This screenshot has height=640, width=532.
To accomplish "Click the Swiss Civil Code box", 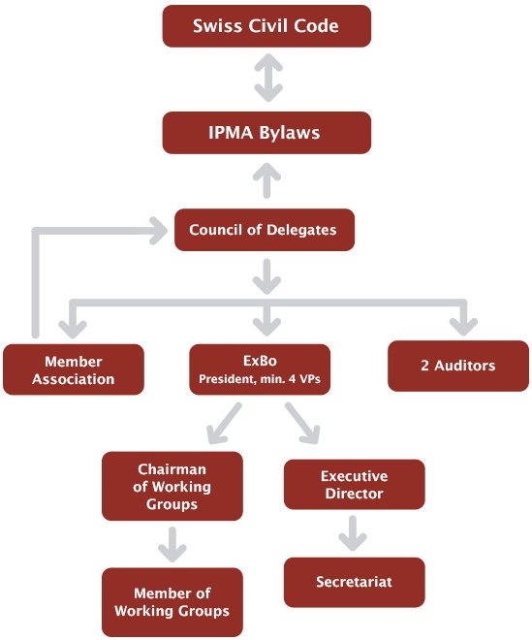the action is tap(266, 26).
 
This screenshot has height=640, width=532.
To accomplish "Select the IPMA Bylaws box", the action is tap(266, 133).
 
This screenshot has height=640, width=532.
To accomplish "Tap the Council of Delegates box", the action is tap(265, 230).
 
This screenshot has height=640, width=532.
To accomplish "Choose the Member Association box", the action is tap(74, 369).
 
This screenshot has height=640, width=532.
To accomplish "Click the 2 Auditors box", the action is tap(458, 366).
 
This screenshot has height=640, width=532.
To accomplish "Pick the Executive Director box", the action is tap(354, 484).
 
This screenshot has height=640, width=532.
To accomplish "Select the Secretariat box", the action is tap(354, 582).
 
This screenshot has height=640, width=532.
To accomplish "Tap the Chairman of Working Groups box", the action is tap(172, 486).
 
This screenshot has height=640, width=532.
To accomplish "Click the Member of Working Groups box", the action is tap(172, 602).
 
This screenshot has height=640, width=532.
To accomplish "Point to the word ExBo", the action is tap(260, 361).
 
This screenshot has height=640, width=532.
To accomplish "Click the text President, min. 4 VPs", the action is tap(260, 379).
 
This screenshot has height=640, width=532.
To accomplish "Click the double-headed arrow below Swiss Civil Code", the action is tap(268, 78).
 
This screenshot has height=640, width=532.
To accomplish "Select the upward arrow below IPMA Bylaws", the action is tap(266, 180).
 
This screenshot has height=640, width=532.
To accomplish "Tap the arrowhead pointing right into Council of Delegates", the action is tap(158, 231).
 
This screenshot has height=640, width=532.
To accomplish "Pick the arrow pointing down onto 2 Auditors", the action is tap(463, 317).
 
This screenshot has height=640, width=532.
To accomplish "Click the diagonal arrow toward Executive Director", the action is tap(302, 423).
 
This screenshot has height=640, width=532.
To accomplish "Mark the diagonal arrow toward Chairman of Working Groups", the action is tap(225, 423).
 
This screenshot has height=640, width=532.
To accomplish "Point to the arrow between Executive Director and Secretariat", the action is tap(353, 533).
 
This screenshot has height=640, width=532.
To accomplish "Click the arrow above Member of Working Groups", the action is tap(172, 545).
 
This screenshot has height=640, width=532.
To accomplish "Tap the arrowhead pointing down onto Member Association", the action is tap(73, 330).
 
